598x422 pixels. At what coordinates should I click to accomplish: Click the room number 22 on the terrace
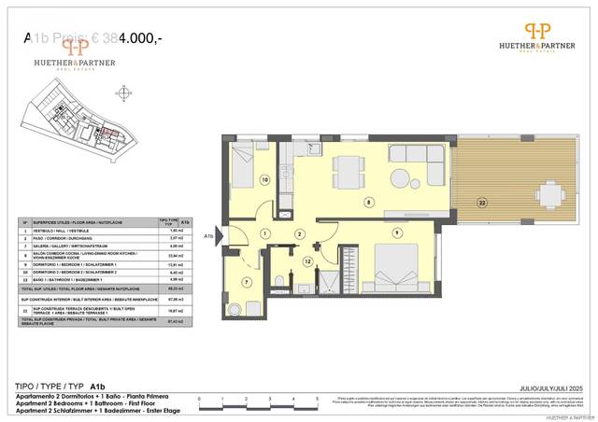click(x=481, y=202)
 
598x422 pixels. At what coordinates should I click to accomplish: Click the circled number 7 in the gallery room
click(x=247, y=282)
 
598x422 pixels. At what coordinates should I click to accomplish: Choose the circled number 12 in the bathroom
click(x=306, y=262)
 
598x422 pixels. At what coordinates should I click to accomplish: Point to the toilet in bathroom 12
click(x=281, y=284)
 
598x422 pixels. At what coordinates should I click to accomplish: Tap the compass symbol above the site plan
click(x=122, y=94)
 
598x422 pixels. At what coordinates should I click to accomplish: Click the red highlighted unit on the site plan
click(x=105, y=134)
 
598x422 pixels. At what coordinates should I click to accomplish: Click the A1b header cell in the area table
click(x=184, y=222)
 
